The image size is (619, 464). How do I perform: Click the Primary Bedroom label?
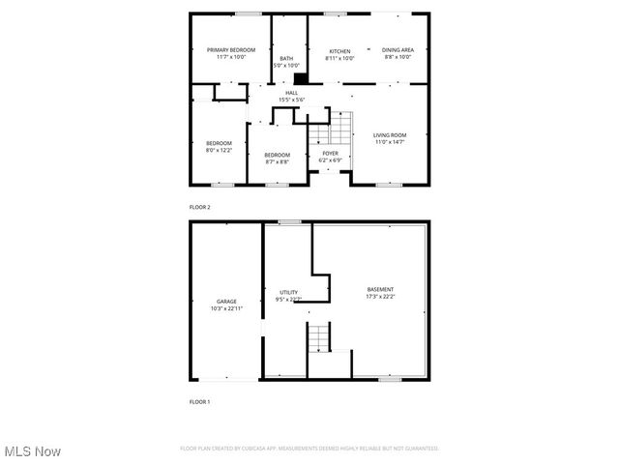point(230,49)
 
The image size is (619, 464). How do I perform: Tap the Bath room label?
point(286,58)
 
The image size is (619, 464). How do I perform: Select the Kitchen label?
point(339,50)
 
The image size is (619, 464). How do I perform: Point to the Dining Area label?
point(398,50)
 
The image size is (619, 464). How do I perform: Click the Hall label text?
point(291,93)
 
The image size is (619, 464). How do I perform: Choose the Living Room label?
point(391,134)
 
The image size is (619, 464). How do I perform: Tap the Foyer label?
point(330,153)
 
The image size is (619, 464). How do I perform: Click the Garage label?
point(226,301)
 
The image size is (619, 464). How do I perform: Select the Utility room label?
point(288,292)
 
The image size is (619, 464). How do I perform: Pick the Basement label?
point(380,289)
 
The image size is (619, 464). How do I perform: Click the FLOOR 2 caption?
point(199,207)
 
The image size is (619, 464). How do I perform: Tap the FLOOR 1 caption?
point(199,401)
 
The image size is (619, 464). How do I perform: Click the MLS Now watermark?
point(32,451)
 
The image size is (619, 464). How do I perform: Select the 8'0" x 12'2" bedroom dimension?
point(219,150)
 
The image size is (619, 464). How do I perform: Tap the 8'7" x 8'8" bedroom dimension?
point(278,161)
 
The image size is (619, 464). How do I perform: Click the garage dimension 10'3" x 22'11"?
point(226,308)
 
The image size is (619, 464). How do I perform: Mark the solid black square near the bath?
point(300,79)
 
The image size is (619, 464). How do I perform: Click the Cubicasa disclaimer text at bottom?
point(309,449)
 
